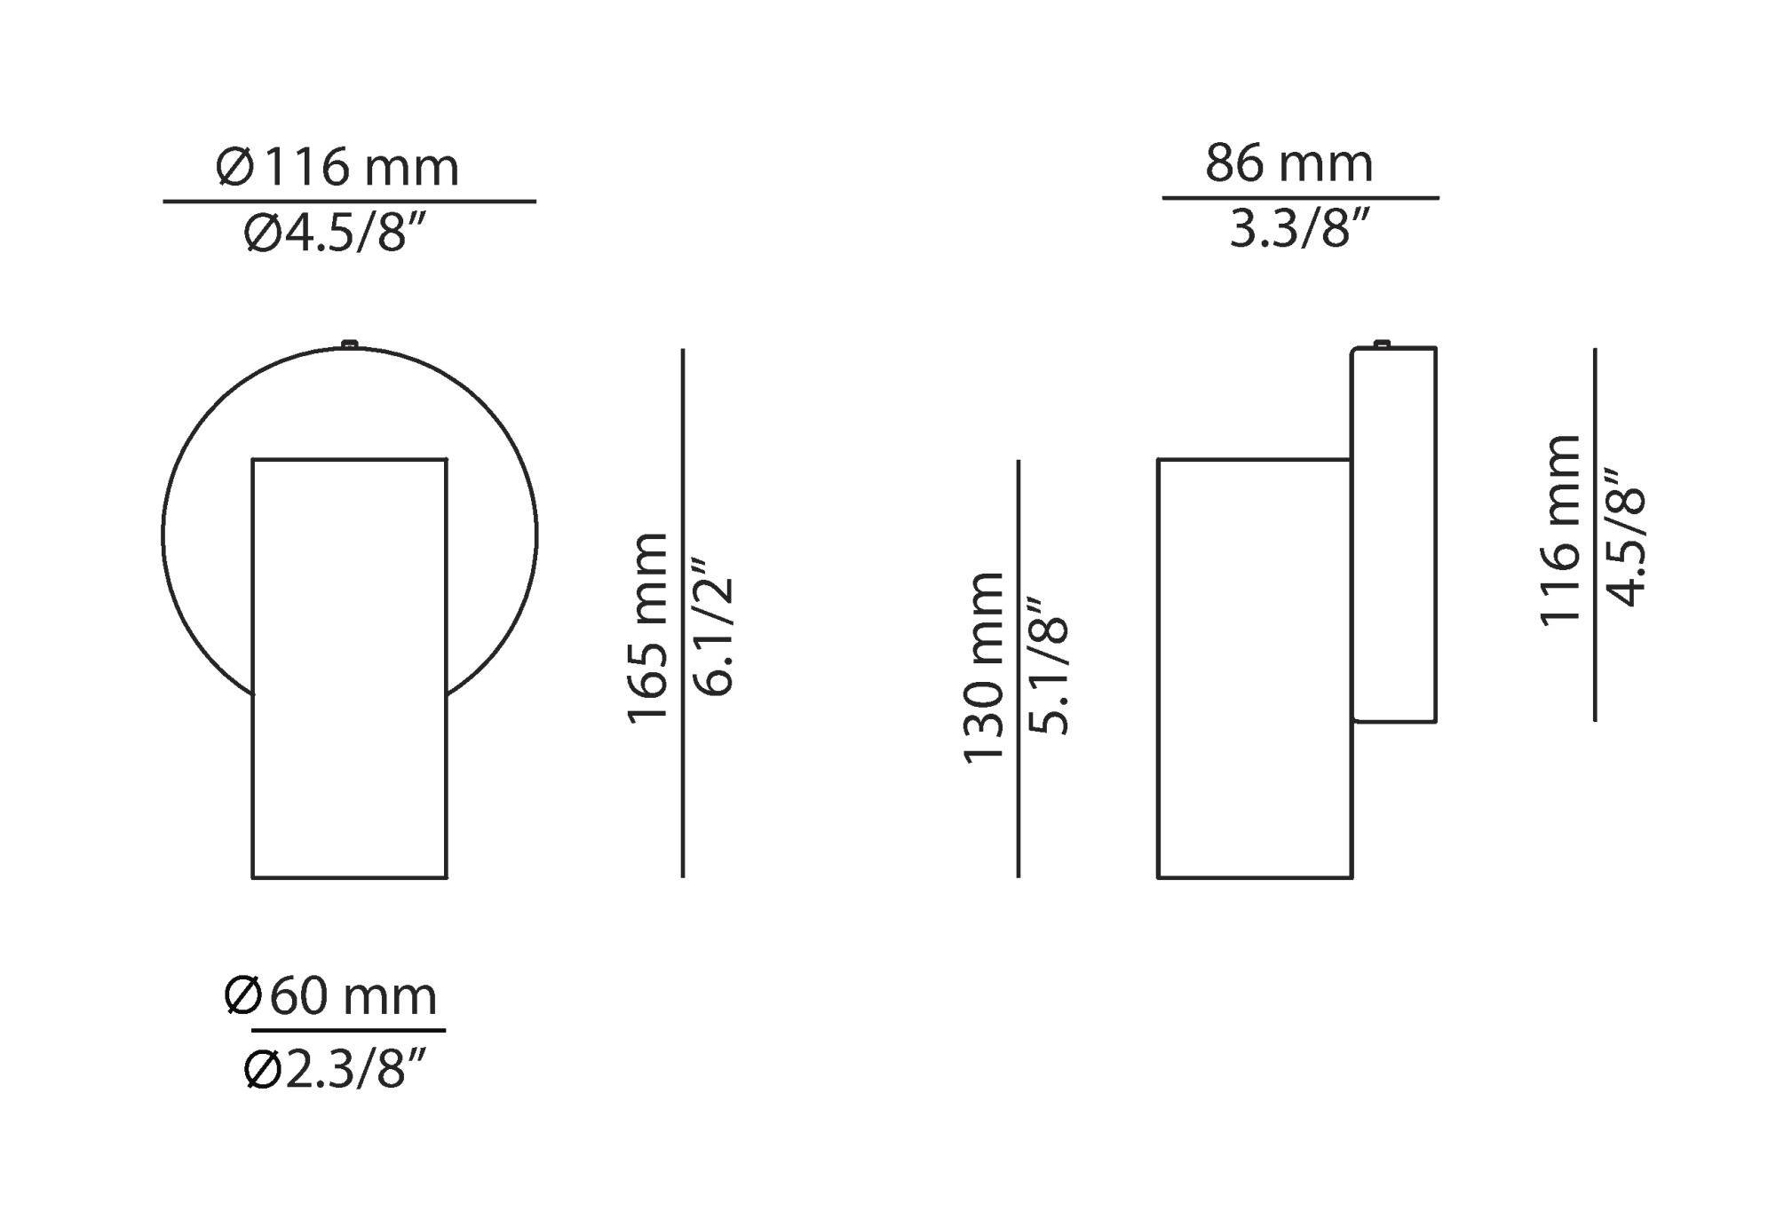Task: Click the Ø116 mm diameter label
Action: pyautogui.click(x=337, y=166)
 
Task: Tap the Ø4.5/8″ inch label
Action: pyautogui.click(x=337, y=234)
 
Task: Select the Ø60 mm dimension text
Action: pyautogui.click(x=330, y=996)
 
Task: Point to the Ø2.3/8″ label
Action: pyautogui.click(x=336, y=1069)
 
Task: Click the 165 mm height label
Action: pyautogui.click(x=647, y=629)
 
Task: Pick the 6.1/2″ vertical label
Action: pyautogui.click(x=712, y=626)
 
